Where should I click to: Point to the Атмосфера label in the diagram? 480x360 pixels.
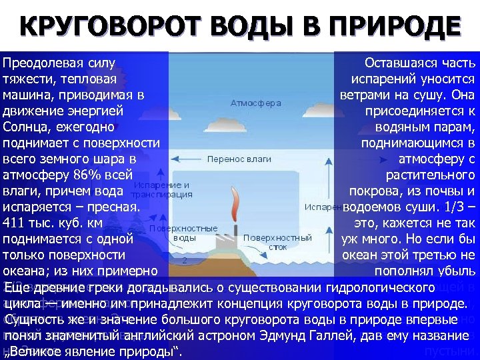(256, 103)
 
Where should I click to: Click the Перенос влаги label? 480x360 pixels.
(239, 159)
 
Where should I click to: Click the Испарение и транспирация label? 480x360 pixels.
(163, 189)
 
